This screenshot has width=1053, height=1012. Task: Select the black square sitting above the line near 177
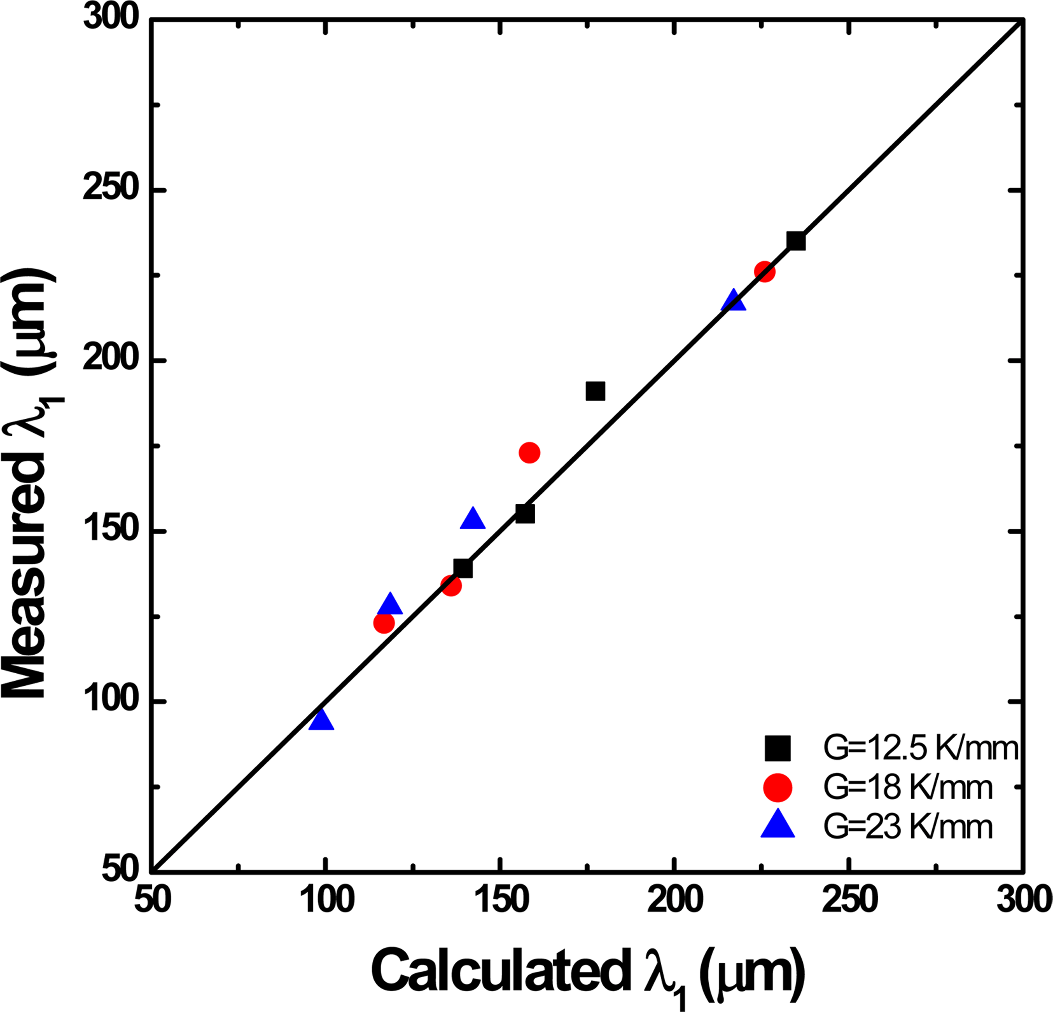coord(595,391)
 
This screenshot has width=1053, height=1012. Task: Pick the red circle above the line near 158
coord(529,453)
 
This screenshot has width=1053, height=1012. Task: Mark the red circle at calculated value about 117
coord(384,623)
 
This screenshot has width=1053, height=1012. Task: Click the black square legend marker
coord(777,748)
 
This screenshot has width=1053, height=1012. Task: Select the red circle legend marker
coord(777,788)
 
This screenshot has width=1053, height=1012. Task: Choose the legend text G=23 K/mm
coord(908,827)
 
